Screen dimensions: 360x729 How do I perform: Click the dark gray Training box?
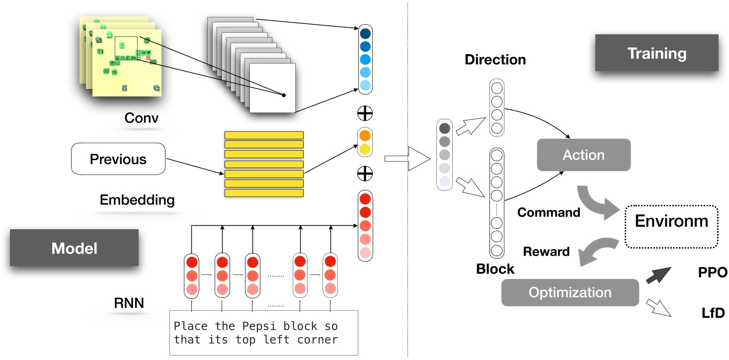tap(656, 53)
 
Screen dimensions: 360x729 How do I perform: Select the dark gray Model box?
tap(74, 248)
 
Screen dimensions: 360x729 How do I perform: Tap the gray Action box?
tap(583, 155)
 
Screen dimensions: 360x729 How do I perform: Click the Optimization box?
tap(569, 292)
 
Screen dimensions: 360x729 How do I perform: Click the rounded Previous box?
tap(118, 159)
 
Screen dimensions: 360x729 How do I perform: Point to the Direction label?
tap(495, 60)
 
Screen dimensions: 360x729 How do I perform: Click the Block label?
tap(495, 269)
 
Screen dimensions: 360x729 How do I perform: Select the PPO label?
tap(712, 272)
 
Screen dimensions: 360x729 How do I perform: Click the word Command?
tap(549, 212)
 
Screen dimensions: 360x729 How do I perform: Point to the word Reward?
tap(546, 252)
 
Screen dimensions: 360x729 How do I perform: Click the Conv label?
tap(142, 118)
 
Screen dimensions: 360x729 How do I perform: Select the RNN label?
tap(128, 302)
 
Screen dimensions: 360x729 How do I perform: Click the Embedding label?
tap(137, 200)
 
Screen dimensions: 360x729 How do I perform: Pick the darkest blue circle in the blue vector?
tap(365, 34)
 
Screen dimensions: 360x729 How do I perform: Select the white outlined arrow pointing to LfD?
tap(658, 308)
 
